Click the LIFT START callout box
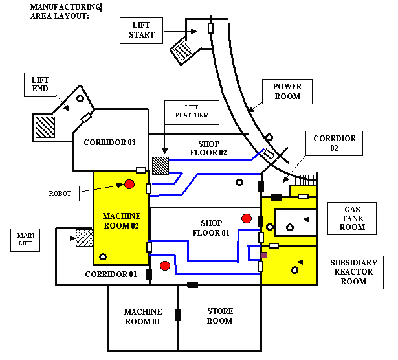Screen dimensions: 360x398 (142, 30)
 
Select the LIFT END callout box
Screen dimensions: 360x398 (40, 84)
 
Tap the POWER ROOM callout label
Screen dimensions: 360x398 (287, 91)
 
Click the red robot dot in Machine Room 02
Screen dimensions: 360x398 (129, 185)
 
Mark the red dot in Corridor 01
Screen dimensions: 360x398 (165, 265)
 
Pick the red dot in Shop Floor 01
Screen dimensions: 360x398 (246, 218)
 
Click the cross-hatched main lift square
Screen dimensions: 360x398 (85, 237)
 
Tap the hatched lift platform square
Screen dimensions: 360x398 (160, 165)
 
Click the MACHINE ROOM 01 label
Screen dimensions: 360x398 (142, 317)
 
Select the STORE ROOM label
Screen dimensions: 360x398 (219, 316)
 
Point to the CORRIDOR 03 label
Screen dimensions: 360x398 (108, 142)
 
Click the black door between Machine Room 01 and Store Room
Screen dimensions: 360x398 (177, 315)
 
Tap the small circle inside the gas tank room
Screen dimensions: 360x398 (289, 226)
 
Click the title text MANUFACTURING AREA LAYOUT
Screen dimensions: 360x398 (65, 11)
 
